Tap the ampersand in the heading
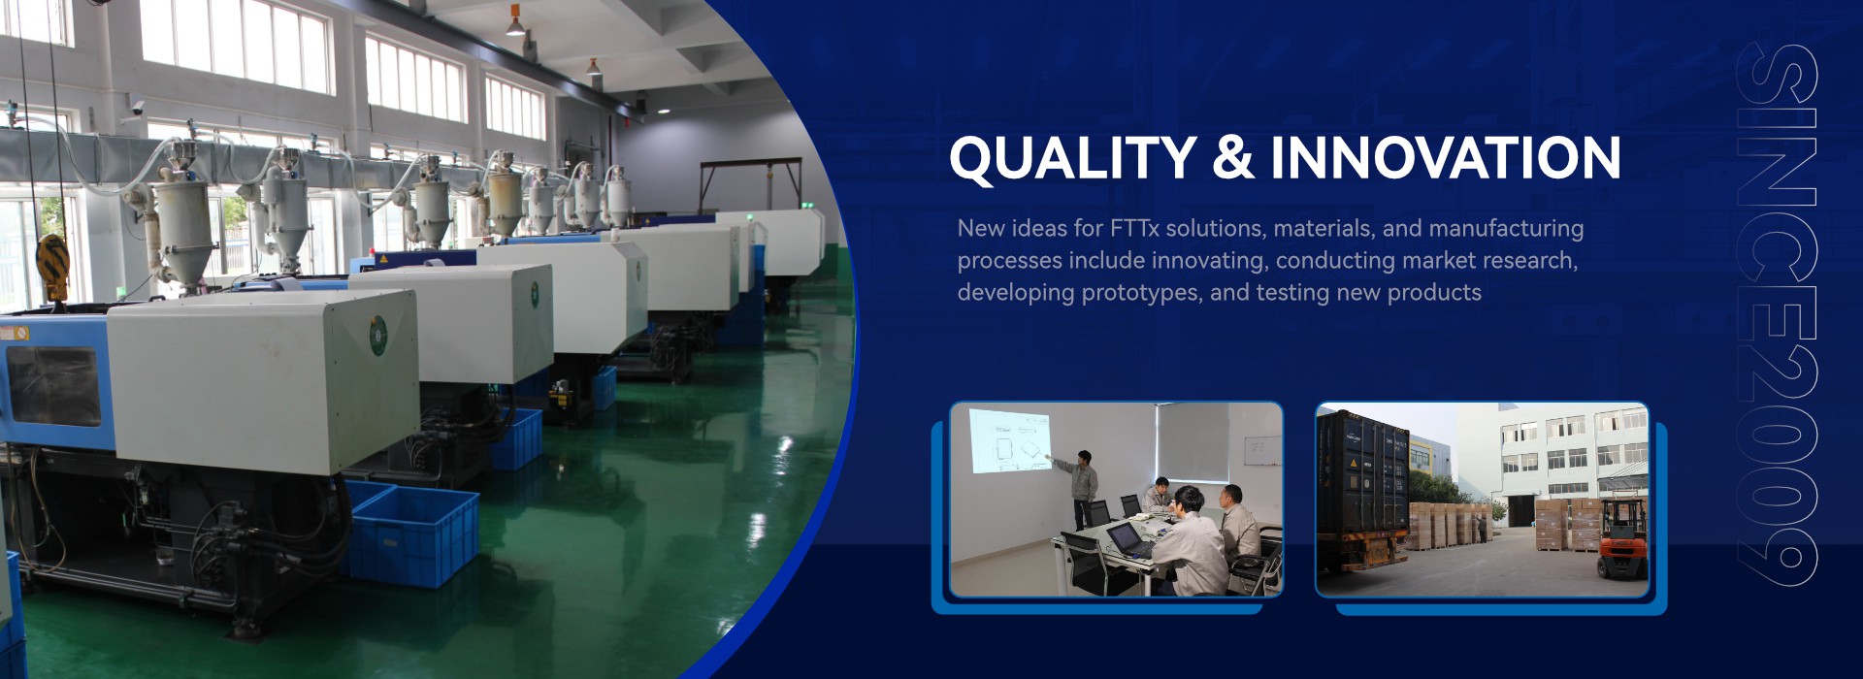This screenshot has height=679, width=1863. click(x=1233, y=158)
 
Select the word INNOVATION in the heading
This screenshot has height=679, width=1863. click(x=1446, y=158)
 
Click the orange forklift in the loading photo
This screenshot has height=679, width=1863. click(x=1622, y=539)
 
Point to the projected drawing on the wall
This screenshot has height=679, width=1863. click(x=1010, y=440)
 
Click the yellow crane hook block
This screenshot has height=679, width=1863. click(x=52, y=266)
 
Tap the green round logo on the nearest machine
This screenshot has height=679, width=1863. click(x=377, y=335)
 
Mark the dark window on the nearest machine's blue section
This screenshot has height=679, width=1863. click(x=54, y=385)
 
